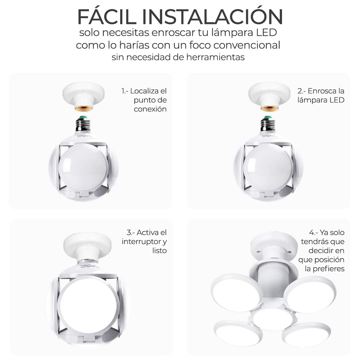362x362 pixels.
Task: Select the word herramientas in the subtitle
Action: pos(215,57)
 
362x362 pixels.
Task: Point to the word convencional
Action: pos(247,45)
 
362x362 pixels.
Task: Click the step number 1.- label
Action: pos(125,91)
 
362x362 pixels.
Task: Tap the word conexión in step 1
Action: pos(150,109)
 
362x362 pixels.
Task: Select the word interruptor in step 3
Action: pos(142,242)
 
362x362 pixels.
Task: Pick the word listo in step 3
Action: pos(159,251)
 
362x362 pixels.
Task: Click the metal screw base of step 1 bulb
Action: pos(83,124)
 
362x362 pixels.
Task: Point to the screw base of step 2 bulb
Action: pos(268,124)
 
